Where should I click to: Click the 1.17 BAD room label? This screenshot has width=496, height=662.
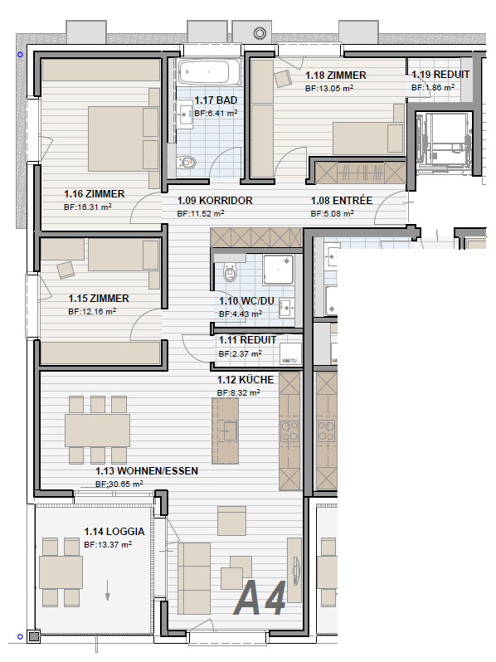tap(216, 100)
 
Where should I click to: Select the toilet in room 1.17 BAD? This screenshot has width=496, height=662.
tap(185, 162)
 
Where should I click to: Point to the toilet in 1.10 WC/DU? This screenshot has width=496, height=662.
tap(230, 272)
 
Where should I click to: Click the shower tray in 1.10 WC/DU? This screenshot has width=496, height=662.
tap(278, 270)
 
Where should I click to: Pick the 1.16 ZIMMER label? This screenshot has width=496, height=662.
tap(94, 194)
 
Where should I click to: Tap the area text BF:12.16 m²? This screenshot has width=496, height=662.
tap(92, 312)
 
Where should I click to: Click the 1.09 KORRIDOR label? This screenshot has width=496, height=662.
tap(215, 201)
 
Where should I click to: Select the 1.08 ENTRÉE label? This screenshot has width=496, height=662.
tap(342, 201)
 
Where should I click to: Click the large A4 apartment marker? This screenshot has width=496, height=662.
tap(260, 598)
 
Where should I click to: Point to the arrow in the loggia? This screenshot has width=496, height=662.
tap(108, 590)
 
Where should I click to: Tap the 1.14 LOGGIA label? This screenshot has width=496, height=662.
tap(114, 532)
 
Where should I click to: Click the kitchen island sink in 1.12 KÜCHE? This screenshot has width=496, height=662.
tap(229, 431)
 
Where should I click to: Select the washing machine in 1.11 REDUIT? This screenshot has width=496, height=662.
tap(291, 353)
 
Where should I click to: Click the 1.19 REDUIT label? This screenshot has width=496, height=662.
tap(440, 75)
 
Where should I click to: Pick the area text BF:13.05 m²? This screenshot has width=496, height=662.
tap(329, 88)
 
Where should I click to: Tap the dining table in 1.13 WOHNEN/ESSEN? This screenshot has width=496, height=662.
tap(98, 430)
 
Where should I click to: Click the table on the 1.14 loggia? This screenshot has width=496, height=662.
tap(61, 572)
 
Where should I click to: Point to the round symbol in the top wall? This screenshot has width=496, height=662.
tap(260, 33)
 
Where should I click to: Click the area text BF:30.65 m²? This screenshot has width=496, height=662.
tap(119, 484)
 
